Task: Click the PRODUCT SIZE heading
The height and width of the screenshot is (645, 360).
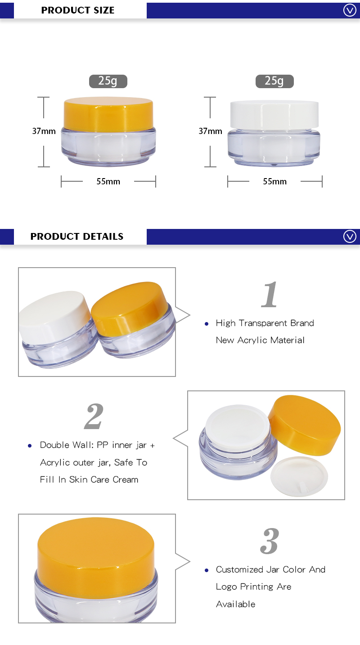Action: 78,10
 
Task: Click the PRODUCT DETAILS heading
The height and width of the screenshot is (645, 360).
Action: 77,237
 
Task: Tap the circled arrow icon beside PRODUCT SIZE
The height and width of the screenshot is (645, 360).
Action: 350,10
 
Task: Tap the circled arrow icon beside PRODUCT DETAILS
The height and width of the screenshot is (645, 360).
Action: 350,237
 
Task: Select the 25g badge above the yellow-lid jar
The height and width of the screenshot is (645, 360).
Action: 108,81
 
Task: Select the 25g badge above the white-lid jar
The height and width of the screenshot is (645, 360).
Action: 274,81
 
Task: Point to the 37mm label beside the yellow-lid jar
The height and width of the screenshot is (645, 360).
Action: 44,131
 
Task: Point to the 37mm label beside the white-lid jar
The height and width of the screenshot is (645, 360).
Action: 210,131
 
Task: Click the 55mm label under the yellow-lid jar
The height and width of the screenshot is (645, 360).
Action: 108,182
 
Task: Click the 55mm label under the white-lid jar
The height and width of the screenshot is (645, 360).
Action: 274,182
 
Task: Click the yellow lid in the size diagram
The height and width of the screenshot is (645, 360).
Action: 108,112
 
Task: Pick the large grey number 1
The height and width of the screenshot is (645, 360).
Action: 270,295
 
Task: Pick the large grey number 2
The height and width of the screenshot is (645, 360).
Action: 94,417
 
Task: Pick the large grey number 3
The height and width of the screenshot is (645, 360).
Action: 270,541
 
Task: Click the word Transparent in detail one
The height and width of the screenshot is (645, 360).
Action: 264,323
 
